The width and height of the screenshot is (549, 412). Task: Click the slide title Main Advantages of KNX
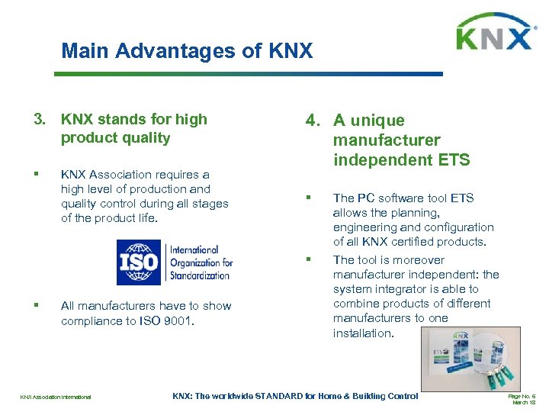tap(187, 51)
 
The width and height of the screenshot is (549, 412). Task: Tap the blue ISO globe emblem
tap(139, 262)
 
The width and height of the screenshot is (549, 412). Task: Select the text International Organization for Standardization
tap(200, 262)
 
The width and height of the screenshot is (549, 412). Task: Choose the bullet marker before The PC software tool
tap(309, 198)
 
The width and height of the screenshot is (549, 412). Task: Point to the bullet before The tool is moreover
tap(309, 260)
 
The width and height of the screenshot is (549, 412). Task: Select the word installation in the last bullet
tap(363, 333)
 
